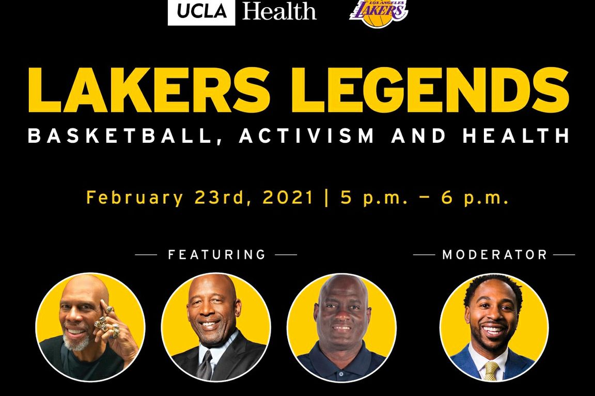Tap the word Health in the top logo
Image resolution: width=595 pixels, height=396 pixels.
click(279, 11)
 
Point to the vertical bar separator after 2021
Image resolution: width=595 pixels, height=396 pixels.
click(326, 198)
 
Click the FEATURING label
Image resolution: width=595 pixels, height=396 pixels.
click(216, 255)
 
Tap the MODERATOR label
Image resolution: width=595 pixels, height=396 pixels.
click(494, 255)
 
